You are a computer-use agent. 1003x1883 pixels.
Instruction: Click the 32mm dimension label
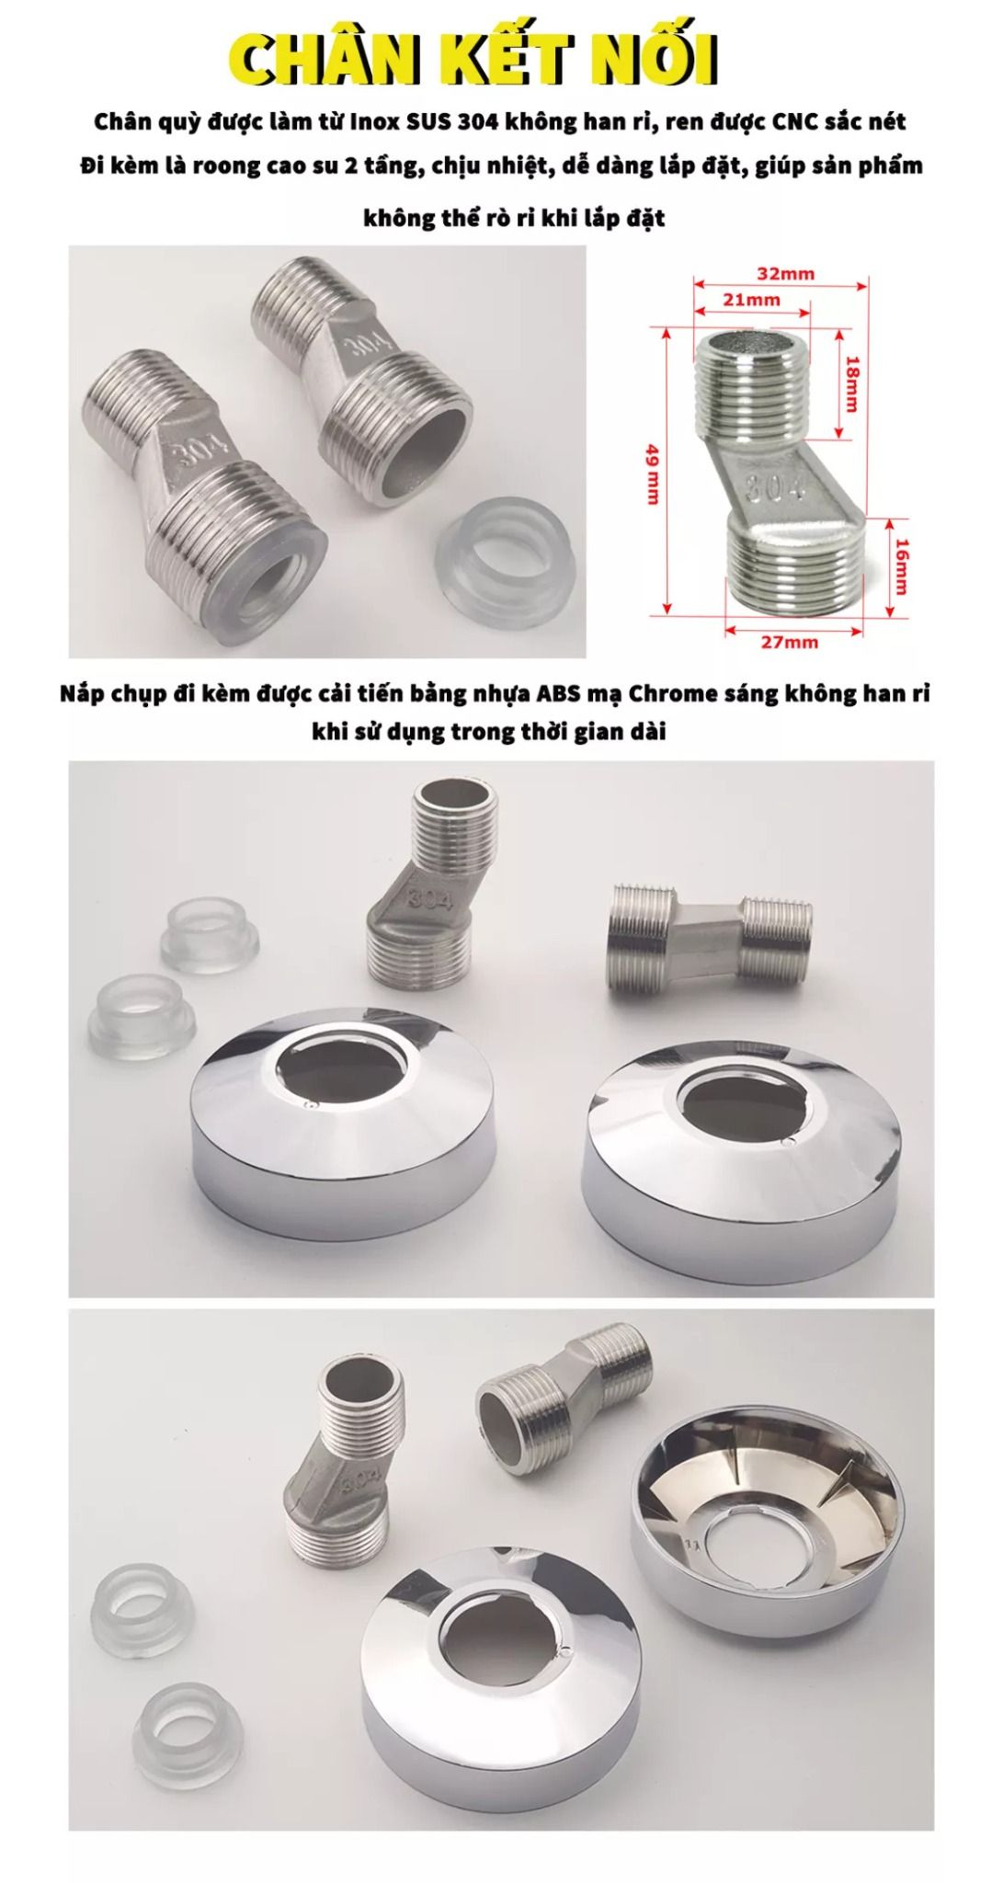pos(785,273)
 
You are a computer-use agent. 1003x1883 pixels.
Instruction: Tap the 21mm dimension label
pos(751,299)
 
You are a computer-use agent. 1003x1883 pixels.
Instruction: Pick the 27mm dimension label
pos(789,642)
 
